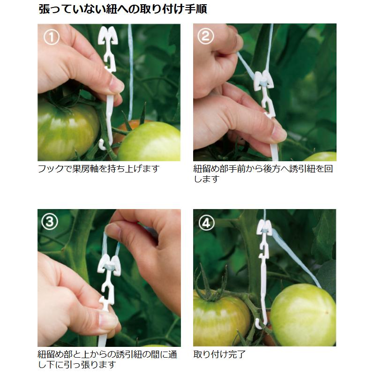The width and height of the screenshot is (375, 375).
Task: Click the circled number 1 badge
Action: (x=51, y=37)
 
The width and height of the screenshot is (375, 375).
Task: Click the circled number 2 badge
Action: (x=206, y=37)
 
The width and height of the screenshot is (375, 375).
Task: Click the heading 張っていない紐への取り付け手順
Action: (x=123, y=9)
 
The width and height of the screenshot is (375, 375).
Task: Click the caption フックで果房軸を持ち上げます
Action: (x=98, y=169)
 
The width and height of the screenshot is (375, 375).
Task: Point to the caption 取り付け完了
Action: (x=219, y=354)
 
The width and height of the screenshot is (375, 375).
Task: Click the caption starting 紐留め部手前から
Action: (x=263, y=173)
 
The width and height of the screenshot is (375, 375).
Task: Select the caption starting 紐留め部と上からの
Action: (x=107, y=359)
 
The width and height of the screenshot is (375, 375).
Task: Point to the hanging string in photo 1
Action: (x=130, y=66)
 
